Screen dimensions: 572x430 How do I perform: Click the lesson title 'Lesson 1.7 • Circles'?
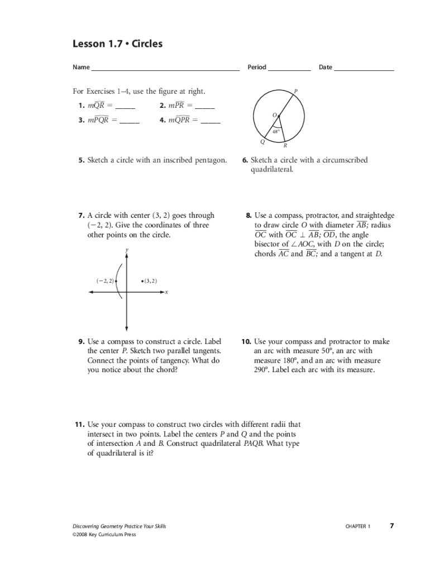[118, 44]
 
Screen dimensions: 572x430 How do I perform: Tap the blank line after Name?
[165, 69]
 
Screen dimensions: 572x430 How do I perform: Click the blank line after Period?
[289, 69]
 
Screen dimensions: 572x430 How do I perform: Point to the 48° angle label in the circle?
[275, 131]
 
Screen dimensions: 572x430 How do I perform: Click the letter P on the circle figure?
[295, 90]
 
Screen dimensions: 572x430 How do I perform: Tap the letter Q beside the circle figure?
[262, 141]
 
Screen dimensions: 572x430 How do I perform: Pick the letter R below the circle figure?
[285, 146]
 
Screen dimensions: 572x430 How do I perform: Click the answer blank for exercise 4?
[211, 122]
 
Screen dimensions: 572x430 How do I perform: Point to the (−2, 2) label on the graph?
[104, 280]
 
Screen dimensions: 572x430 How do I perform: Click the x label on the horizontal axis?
[166, 292]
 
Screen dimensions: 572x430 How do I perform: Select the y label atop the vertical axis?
[127, 250]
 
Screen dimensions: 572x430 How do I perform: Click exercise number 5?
[82, 160]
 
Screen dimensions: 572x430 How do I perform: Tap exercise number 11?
[80, 425]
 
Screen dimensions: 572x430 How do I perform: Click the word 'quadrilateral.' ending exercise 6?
[271, 169]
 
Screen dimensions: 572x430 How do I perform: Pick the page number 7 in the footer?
[392, 526]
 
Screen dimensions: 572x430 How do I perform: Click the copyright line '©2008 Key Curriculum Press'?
[104, 535]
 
